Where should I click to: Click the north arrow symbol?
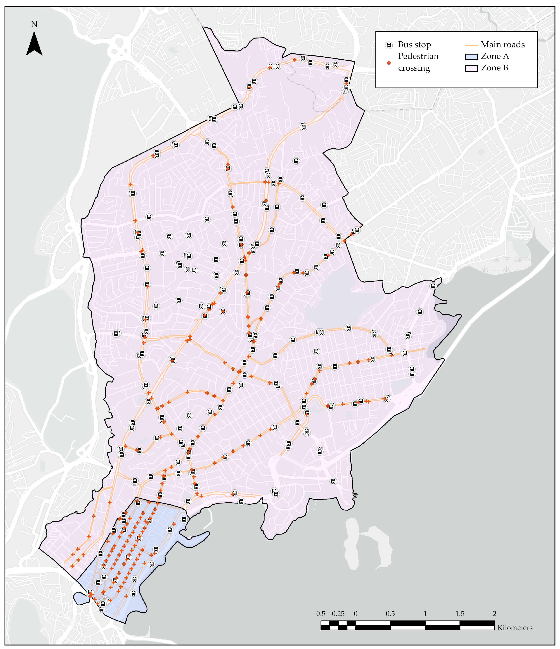(x=34, y=44)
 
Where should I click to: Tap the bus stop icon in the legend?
(x=389, y=45)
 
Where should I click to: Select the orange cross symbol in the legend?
(x=389, y=63)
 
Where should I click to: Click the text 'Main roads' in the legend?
(x=502, y=45)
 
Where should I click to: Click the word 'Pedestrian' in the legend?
(x=418, y=56)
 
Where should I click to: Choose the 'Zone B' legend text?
(x=494, y=68)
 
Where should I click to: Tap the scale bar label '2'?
(x=494, y=614)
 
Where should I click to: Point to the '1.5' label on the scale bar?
(x=460, y=614)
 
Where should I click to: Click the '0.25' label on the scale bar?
(x=338, y=614)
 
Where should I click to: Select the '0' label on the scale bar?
(x=355, y=614)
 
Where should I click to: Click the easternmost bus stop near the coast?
(x=433, y=286)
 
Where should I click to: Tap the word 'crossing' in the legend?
(x=414, y=68)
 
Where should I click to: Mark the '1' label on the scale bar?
(x=425, y=614)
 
